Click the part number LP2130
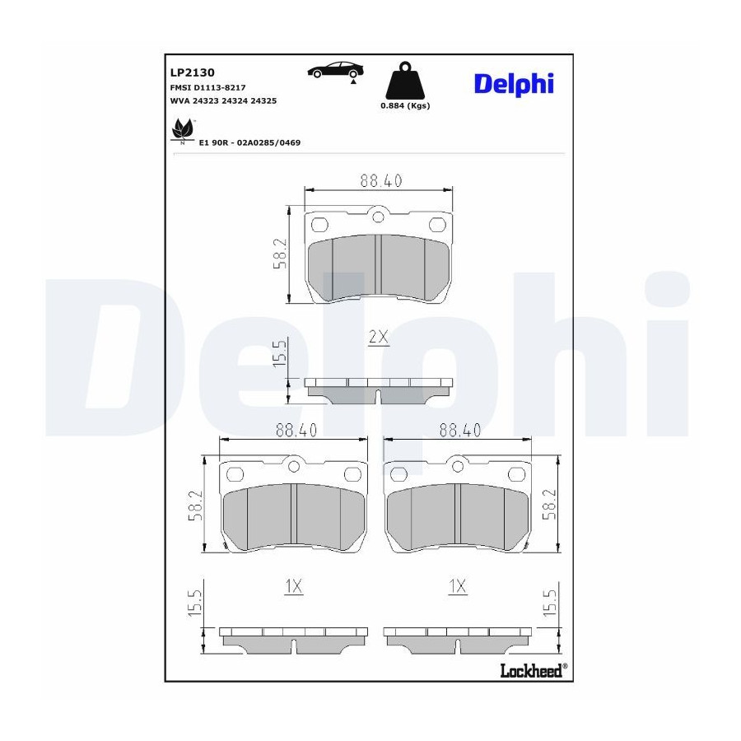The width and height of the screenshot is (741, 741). [x=192, y=72]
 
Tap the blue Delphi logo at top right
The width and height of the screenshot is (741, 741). [x=514, y=85]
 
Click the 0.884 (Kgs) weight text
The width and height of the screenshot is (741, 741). [x=405, y=106]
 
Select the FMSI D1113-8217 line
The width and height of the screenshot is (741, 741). [x=207, y=87]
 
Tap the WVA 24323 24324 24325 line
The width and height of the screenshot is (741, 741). [x=223, y=100]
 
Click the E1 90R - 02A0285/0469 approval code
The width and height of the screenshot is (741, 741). [x=249, y=142]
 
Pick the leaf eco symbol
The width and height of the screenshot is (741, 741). [x=183, y=130]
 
